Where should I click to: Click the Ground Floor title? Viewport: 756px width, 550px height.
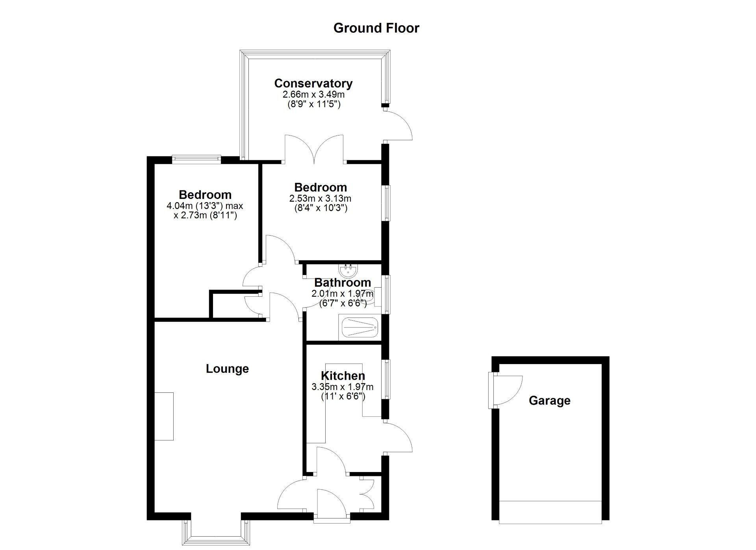pos(376,28)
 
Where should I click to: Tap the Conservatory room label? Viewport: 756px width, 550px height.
pos(313,84)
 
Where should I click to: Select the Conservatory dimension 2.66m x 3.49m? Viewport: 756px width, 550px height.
pos(313,95)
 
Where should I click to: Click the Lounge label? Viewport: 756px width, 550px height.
pos(227,369)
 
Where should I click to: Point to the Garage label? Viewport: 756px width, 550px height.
pos(549,401)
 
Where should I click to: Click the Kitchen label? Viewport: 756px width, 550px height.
pos(343,376)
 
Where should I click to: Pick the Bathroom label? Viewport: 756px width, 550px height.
pos(342,282)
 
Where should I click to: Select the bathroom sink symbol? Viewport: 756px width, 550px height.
pos(348,271)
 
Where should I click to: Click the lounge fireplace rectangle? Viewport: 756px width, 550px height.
pos(164,416)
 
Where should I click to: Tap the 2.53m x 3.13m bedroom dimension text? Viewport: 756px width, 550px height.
pos(320,199)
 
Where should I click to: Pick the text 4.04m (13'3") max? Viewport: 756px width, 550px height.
pos(205,206)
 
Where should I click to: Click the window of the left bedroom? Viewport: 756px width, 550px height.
pos(196,159)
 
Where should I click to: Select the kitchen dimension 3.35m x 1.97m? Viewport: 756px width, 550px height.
pos(342,387)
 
